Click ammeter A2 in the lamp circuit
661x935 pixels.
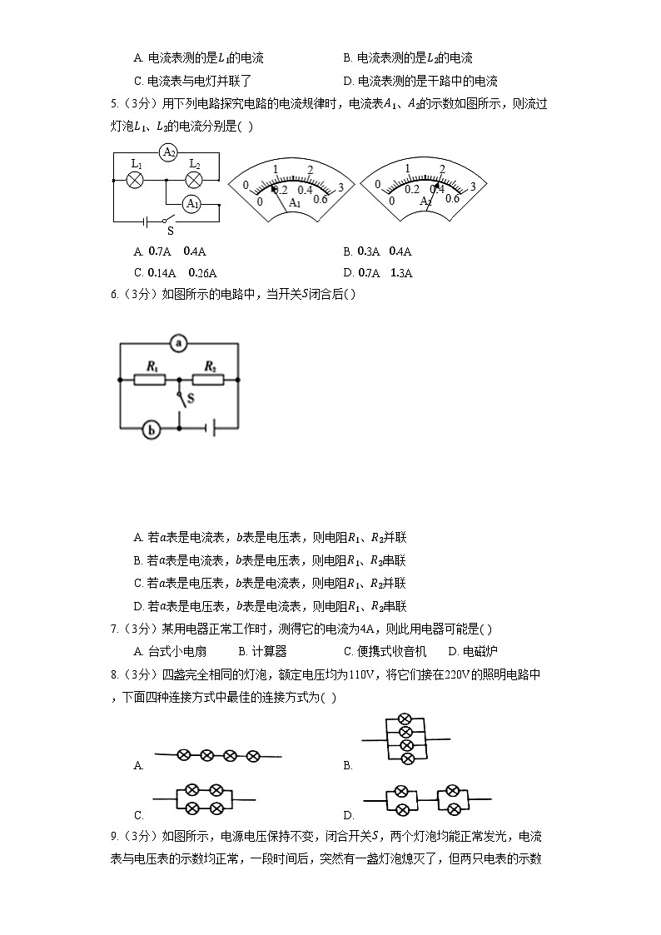tap(168, 152)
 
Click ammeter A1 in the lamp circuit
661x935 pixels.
tap(192, 204)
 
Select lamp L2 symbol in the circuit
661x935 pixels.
tap(193, 179)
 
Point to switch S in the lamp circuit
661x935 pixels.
tap(168, 222)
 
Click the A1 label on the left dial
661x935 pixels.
tap(294, 203)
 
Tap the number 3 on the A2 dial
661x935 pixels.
tap(473, 186)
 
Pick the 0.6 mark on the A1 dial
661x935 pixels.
tap(321, 199)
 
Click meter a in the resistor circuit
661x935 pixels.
tap(177, 342)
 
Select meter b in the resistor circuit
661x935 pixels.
tap(151, 430)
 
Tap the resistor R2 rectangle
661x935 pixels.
tap(209, 380)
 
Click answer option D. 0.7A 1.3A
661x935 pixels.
tap(378, 272)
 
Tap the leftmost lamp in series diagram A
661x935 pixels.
tap(184, 755)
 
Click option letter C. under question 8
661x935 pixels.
tap(139, 815)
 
